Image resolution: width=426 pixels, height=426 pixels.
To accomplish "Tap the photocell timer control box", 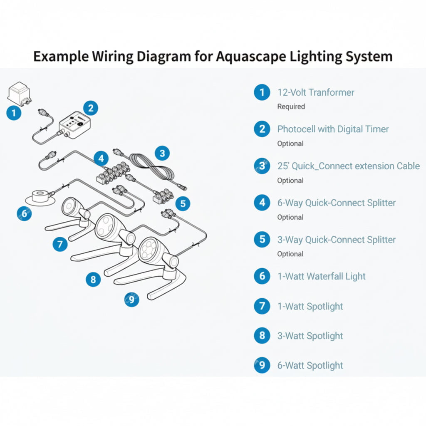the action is [x=74, y=125].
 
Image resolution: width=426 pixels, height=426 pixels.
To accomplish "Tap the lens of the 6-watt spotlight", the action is [x=148, y=250].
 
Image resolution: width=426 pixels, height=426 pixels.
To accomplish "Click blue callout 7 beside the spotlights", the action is [x=60, y=244].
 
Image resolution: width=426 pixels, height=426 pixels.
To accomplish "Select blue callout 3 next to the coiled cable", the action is [x=162, y=153].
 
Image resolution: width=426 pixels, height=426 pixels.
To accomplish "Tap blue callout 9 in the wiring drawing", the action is [x=132, y=300].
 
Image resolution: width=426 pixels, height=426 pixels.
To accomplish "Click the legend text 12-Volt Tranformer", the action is [x=316, y=92].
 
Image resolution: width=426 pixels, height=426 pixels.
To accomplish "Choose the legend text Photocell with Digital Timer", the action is [x=333, y=129].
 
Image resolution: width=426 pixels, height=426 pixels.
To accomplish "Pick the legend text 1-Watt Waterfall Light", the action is [x=322, y=276].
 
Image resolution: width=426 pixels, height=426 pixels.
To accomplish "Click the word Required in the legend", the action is [x=291, y=106].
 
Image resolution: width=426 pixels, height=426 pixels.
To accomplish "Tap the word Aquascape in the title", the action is [x=251, y=57].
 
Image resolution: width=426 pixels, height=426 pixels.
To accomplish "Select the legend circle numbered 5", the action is [x=262, y=239].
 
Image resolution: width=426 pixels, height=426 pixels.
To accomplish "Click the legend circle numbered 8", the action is [x=262, y=336].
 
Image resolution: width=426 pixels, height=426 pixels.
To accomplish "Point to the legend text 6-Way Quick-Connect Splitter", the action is [x=336, y=203].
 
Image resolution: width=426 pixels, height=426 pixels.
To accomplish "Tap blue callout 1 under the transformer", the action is [x=14, y=113].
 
